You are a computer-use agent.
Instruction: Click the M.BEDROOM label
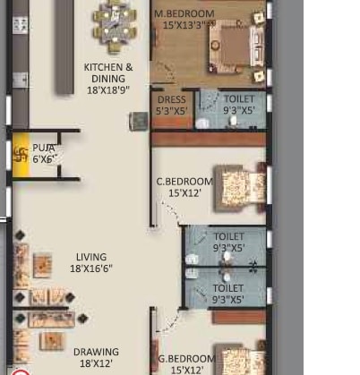(x=184, y=14)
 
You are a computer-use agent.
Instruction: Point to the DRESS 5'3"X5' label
(x=171, y=106)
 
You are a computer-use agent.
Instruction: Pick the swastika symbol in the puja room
(x=21, y=153)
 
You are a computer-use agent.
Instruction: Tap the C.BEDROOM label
(x=184, y=181)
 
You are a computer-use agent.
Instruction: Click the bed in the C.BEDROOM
(x=240, y=186)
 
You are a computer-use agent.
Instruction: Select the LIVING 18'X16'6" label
(x=91, y=262)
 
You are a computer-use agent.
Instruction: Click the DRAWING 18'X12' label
(x=96, y=358)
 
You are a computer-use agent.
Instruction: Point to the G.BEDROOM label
(x=186, y=359)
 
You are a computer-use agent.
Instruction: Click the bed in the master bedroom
(x=236, y=48)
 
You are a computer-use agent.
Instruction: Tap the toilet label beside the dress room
(x=239, y=106)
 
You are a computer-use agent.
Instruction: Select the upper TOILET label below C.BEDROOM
(x=228, y=243)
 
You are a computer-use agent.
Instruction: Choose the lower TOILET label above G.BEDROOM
(x=228, y=294)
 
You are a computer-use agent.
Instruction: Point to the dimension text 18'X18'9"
(x=108, y=90)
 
